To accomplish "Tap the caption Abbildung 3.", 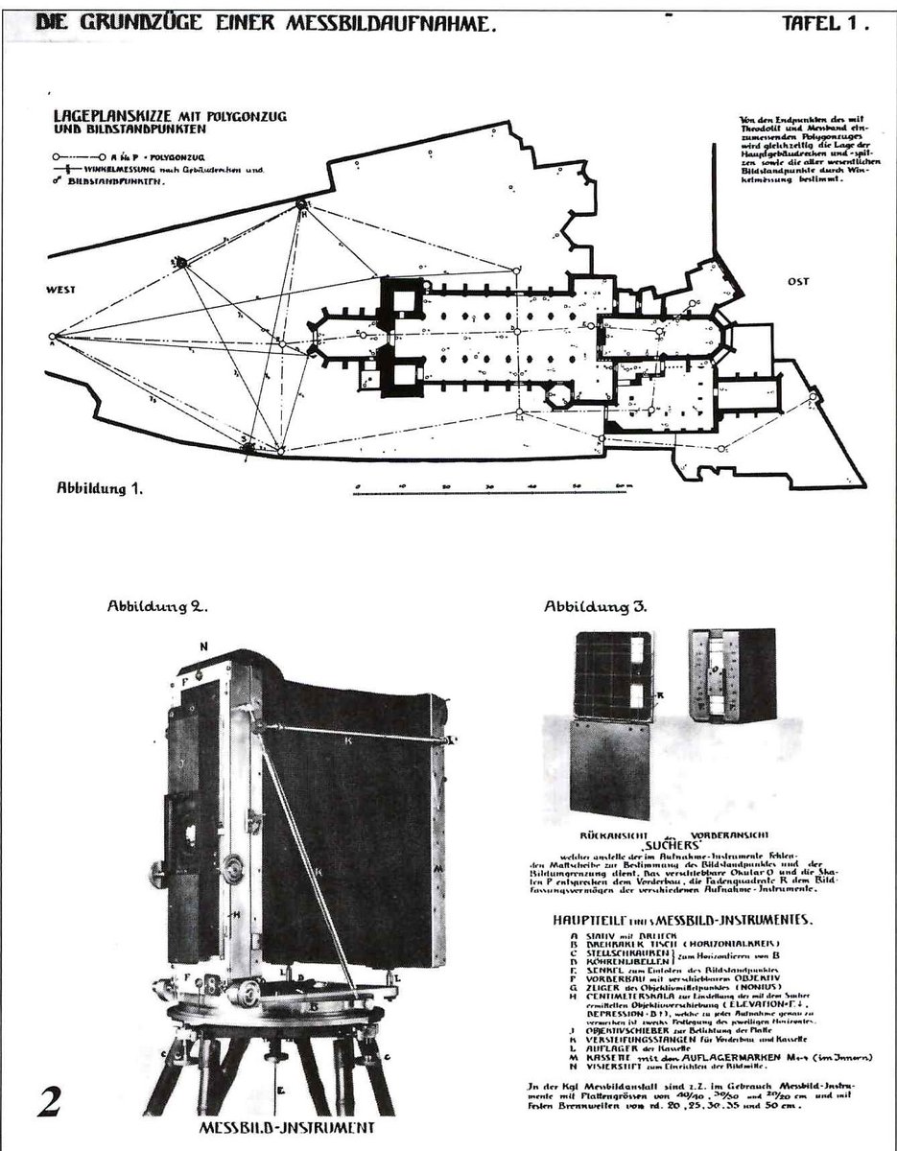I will point(596,606).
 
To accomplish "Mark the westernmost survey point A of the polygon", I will point(52,336).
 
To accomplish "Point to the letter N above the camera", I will point(203,646).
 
